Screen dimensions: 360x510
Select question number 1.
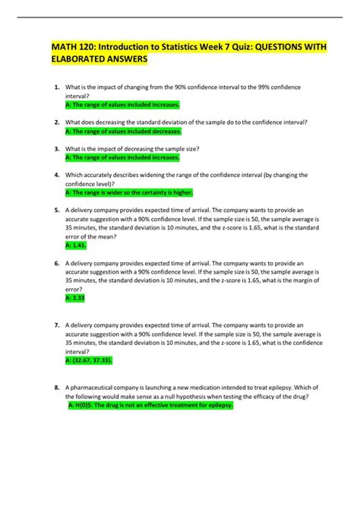click(x=57, y=88)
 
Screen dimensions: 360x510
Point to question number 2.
click(x=57, y=122)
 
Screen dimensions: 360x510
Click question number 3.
click(x=57, y=148)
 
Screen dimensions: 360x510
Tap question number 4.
click(x=57, y=175)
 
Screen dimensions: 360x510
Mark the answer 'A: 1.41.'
click(x=77, y=245)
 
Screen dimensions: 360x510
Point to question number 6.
click(x=57, y=263)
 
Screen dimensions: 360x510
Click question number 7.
click(x=57, y=325)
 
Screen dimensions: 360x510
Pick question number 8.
click(x=57, y=387)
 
